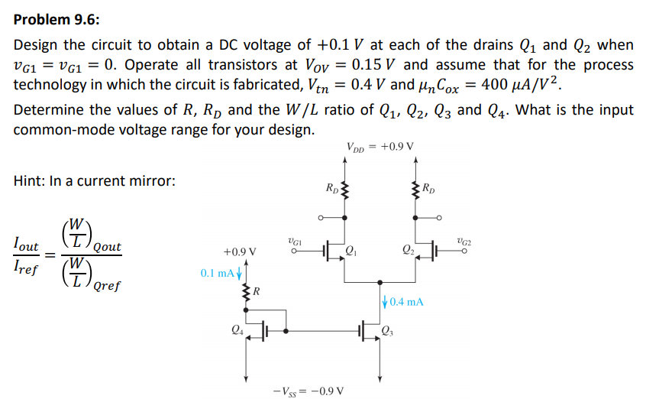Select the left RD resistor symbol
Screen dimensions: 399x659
click(345, 190)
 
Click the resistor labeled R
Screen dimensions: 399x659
click(246, 291)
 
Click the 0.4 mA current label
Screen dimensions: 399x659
click(405, 302)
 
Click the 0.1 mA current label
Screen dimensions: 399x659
click(218, 272)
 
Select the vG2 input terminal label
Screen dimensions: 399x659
click(462, 241)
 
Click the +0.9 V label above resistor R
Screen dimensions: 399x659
click(239, 251)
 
